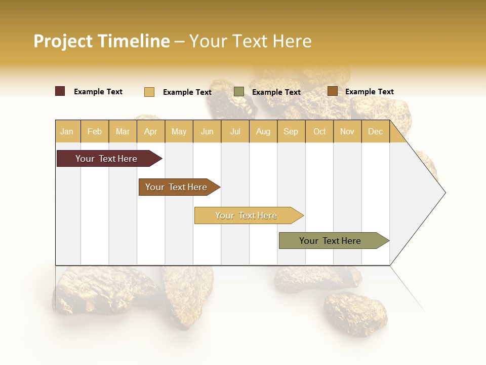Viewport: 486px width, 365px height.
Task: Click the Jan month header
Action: [67, 131]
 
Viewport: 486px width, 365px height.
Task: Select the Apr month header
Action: [150, 131]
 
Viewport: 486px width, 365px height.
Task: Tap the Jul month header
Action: [235, 131]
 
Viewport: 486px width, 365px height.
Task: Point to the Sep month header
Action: [291, 131]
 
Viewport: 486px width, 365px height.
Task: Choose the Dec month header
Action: [375, 131]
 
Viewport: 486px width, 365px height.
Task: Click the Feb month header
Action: [95, 131]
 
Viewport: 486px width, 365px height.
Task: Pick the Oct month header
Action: [319, 131]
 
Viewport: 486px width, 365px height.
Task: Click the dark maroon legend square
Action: [60, 91]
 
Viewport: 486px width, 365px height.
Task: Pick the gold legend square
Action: [149, 92]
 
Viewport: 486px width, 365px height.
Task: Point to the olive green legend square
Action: [239, 92]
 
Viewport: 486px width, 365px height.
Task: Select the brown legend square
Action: [332, 91]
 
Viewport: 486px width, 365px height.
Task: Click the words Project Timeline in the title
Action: [102, 41]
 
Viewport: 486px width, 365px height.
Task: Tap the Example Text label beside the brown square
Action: [369, 92]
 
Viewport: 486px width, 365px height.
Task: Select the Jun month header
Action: [207, 131]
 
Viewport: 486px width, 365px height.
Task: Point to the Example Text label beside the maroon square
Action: [98, 92]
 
